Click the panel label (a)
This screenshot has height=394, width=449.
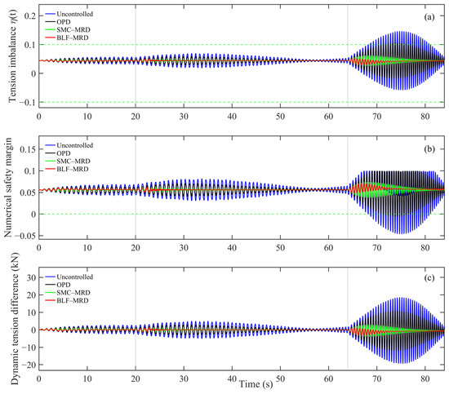pos(429,17)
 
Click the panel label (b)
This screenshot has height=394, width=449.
pos(429,148)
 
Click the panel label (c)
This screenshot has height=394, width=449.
pos(429,278)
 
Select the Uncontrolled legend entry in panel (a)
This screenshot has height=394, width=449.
pos(69,14)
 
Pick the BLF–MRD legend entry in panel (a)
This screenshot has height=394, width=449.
pos(67,38)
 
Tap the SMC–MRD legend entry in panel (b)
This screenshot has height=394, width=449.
pos(68,161)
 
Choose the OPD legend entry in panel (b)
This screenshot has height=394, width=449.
pos(58,153)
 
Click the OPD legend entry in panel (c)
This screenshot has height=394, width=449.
pos(58,285)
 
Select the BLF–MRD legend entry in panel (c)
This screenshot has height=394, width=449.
pos(67,300)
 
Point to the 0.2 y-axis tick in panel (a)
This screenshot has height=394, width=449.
pos(30,16)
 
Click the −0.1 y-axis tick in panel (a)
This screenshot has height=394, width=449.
pos(28,103)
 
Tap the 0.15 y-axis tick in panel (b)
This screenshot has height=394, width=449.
pos(28,149)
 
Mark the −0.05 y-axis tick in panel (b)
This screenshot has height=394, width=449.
pos(25,236)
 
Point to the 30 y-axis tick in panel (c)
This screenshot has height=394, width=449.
pos(32,277)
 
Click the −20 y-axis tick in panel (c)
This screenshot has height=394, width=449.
pos(29,365)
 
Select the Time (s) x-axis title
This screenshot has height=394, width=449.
pos(256,384)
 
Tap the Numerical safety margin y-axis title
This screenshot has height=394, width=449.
pos(8,188)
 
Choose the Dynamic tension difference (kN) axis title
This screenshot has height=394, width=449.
pos(15,318)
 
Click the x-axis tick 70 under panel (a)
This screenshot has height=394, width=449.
pos(377,117)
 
